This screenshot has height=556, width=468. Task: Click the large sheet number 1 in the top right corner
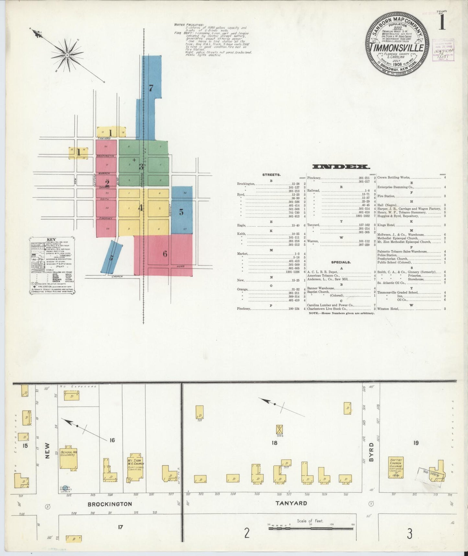point(442,23)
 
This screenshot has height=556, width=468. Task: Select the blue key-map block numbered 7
point(151,88)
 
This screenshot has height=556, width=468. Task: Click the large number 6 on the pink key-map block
point(165,254)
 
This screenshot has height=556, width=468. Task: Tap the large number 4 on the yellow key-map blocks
point(141,208)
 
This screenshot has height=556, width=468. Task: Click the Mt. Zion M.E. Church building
point(136,468)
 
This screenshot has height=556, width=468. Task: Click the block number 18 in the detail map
point(275,442)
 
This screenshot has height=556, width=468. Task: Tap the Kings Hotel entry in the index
point(385,225)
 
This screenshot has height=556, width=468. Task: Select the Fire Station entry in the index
point(386,196)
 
